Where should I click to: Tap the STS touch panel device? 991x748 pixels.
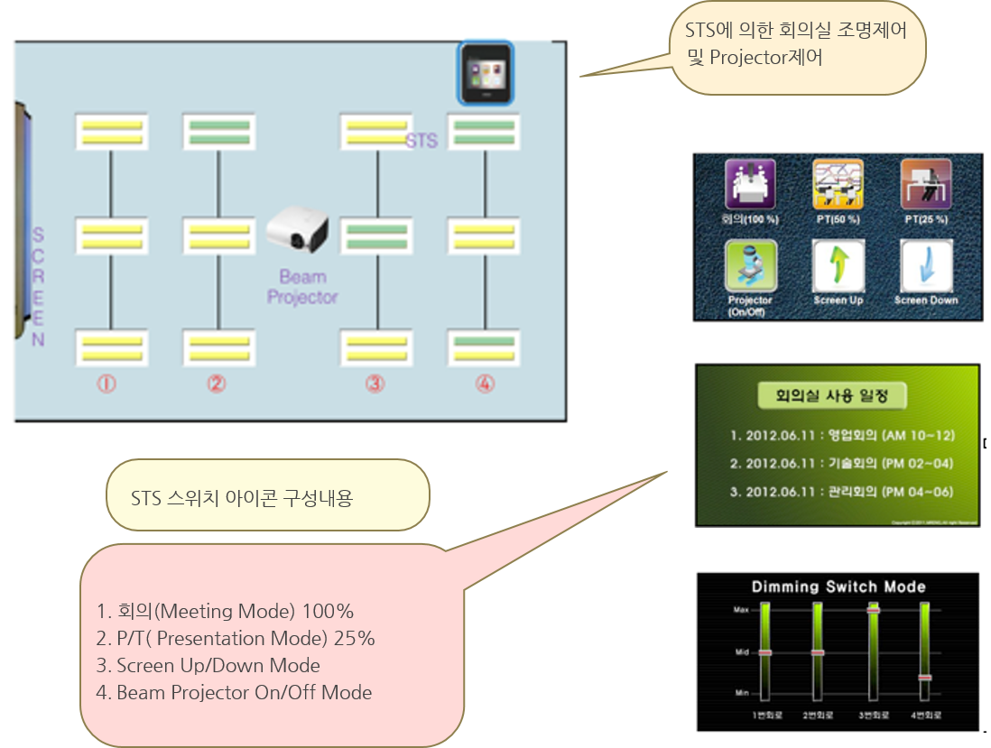coord(486,73)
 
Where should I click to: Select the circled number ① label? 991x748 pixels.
coord(107,383)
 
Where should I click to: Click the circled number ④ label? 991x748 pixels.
coord(486,383)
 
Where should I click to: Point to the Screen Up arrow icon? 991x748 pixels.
coord(838,267)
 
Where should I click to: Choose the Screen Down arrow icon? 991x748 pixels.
coord(926,267)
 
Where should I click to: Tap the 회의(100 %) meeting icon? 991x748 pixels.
coord(751,184)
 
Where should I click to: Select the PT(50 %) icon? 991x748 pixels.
coord(838,184)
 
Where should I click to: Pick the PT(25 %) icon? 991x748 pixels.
coord(926,184)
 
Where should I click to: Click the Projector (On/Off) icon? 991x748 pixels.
coord(751,267)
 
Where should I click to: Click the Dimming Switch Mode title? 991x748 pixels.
coord(838,586)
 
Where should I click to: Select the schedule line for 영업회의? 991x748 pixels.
coord(841,436)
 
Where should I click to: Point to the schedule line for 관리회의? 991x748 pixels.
coord(841,492)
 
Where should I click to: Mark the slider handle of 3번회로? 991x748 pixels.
coord(874,611)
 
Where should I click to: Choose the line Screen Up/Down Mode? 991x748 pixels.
coord(218,666)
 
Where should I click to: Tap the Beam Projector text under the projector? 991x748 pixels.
coord(302,287)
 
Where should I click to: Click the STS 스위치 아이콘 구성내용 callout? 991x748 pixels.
coord(267,495)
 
